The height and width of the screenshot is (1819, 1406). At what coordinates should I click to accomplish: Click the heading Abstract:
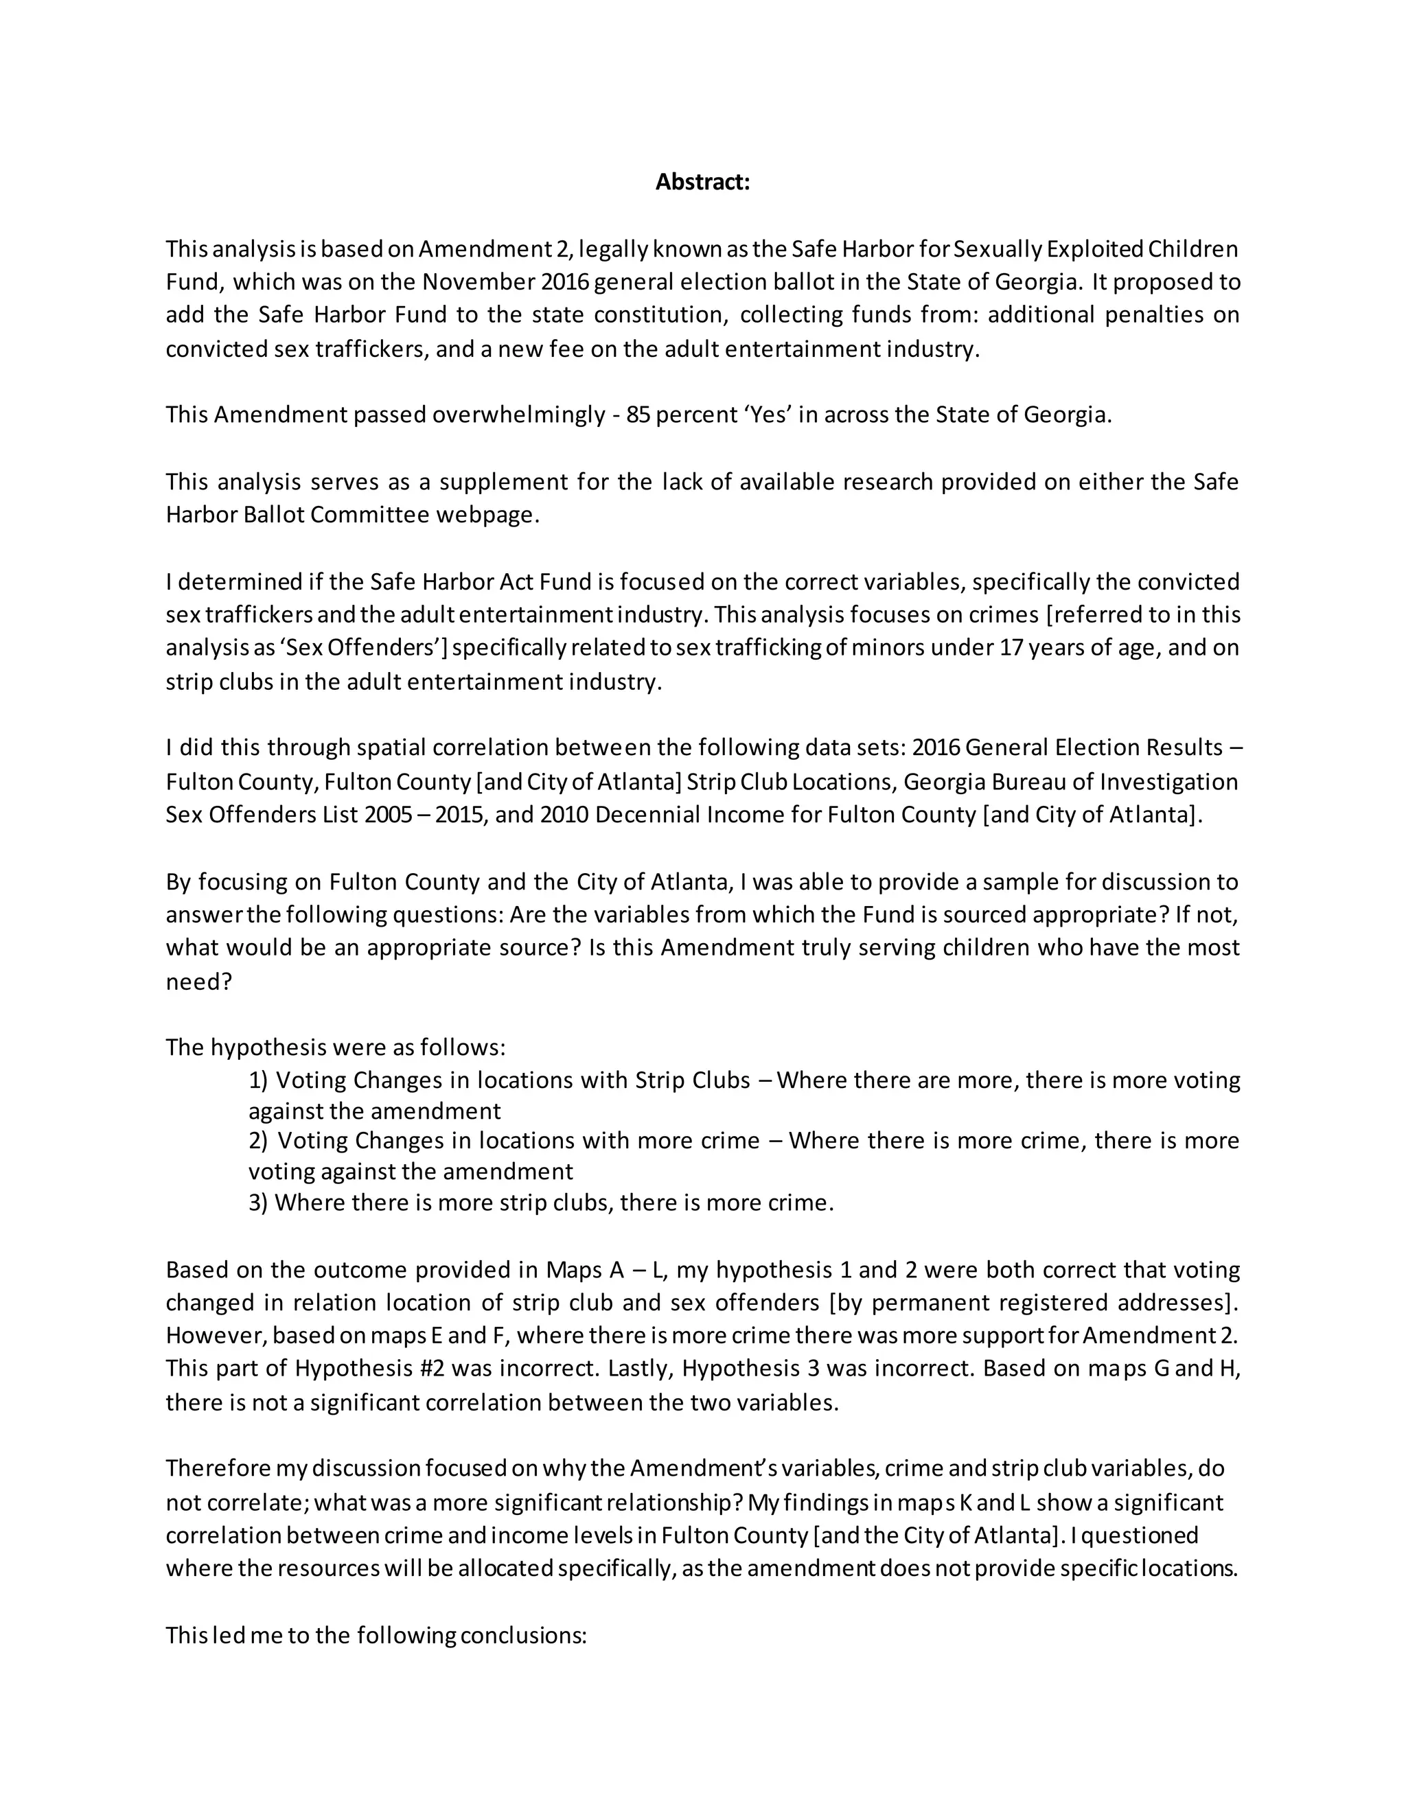pyautogui.click(x=702, y=182)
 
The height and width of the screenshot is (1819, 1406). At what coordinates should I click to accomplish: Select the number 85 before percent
pyautogui.click(x=639, y=414)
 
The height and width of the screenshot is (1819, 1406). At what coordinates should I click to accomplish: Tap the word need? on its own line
pyautogui.click(x=198, y=981)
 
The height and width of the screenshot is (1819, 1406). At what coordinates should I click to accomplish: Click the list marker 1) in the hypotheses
pyautogui.click(x=258, y=1080)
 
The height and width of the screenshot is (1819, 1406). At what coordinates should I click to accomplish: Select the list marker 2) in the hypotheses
pyautogui.click(x=259, y=1140)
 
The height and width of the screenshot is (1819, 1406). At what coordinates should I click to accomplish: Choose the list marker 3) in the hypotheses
pyautogui.click(x=258, y=1203)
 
